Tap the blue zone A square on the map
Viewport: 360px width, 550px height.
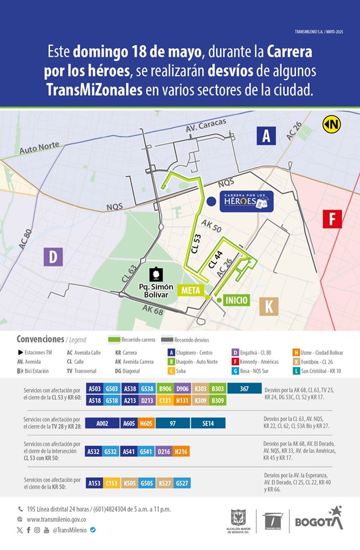pos(265,135)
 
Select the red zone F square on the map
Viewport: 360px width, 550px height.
pos(332,219)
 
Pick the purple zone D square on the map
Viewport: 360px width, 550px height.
pos(53,256)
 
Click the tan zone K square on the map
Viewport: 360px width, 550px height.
pos(268,306)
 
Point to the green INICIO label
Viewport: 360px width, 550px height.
pos(237,300)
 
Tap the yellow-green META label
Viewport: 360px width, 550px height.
pos(190,291)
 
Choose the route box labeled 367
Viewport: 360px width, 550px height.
pos(244,388)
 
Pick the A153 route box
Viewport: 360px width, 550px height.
pos(94,483)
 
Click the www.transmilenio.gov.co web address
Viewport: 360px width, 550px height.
pos(60,519)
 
